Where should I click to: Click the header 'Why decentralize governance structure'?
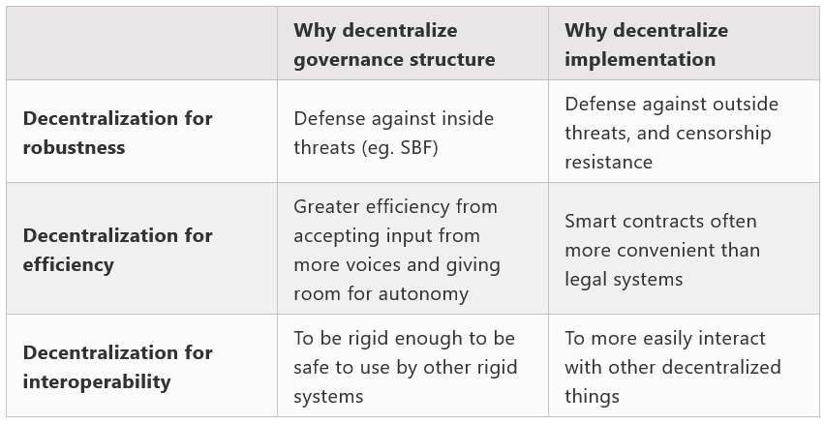pos(394,45)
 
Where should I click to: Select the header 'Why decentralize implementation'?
pos(647,45)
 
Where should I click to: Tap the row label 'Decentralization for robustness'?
pos(118,133)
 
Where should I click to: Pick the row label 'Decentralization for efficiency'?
pos(118,250)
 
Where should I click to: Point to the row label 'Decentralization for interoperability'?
pos(118,367)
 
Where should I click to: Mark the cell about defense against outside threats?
pos(684,132)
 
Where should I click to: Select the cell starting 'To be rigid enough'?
pos(413,366)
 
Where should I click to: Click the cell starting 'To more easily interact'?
pos(684,366)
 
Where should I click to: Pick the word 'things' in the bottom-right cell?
pos(593,397)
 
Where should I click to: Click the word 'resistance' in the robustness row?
pos(608,163)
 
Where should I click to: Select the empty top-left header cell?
pos(142,44)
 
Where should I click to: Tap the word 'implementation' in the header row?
pos(640,59)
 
